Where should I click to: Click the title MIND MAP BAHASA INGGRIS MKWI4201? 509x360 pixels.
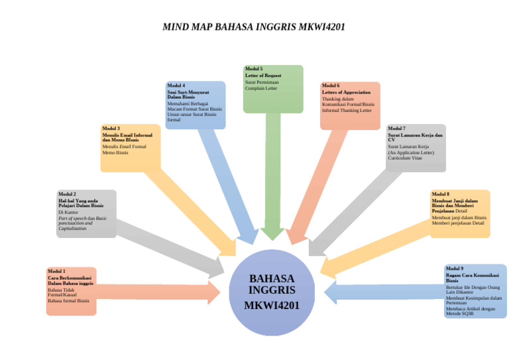tap(254, 27)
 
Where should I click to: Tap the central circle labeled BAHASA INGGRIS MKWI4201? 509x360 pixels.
tap(272, 292)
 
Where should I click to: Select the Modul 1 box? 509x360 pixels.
tap(71, 290)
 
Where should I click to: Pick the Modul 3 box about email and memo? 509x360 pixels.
tap(131, 148)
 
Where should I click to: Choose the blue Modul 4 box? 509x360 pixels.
tap(196, 105)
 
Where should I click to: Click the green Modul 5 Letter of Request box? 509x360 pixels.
tap(272, 88)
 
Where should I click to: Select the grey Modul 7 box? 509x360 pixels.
tap(416, 147)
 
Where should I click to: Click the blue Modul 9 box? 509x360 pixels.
tap(475, 291)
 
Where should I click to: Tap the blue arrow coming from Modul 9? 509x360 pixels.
tap(384, 292)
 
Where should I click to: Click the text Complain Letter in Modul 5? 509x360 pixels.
tap(261, 88)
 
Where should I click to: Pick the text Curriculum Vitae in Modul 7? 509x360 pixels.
tap(406, 158)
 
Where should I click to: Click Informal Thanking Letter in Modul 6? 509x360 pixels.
tap(347, 110)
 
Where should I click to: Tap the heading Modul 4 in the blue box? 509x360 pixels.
tap(176, 86)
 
